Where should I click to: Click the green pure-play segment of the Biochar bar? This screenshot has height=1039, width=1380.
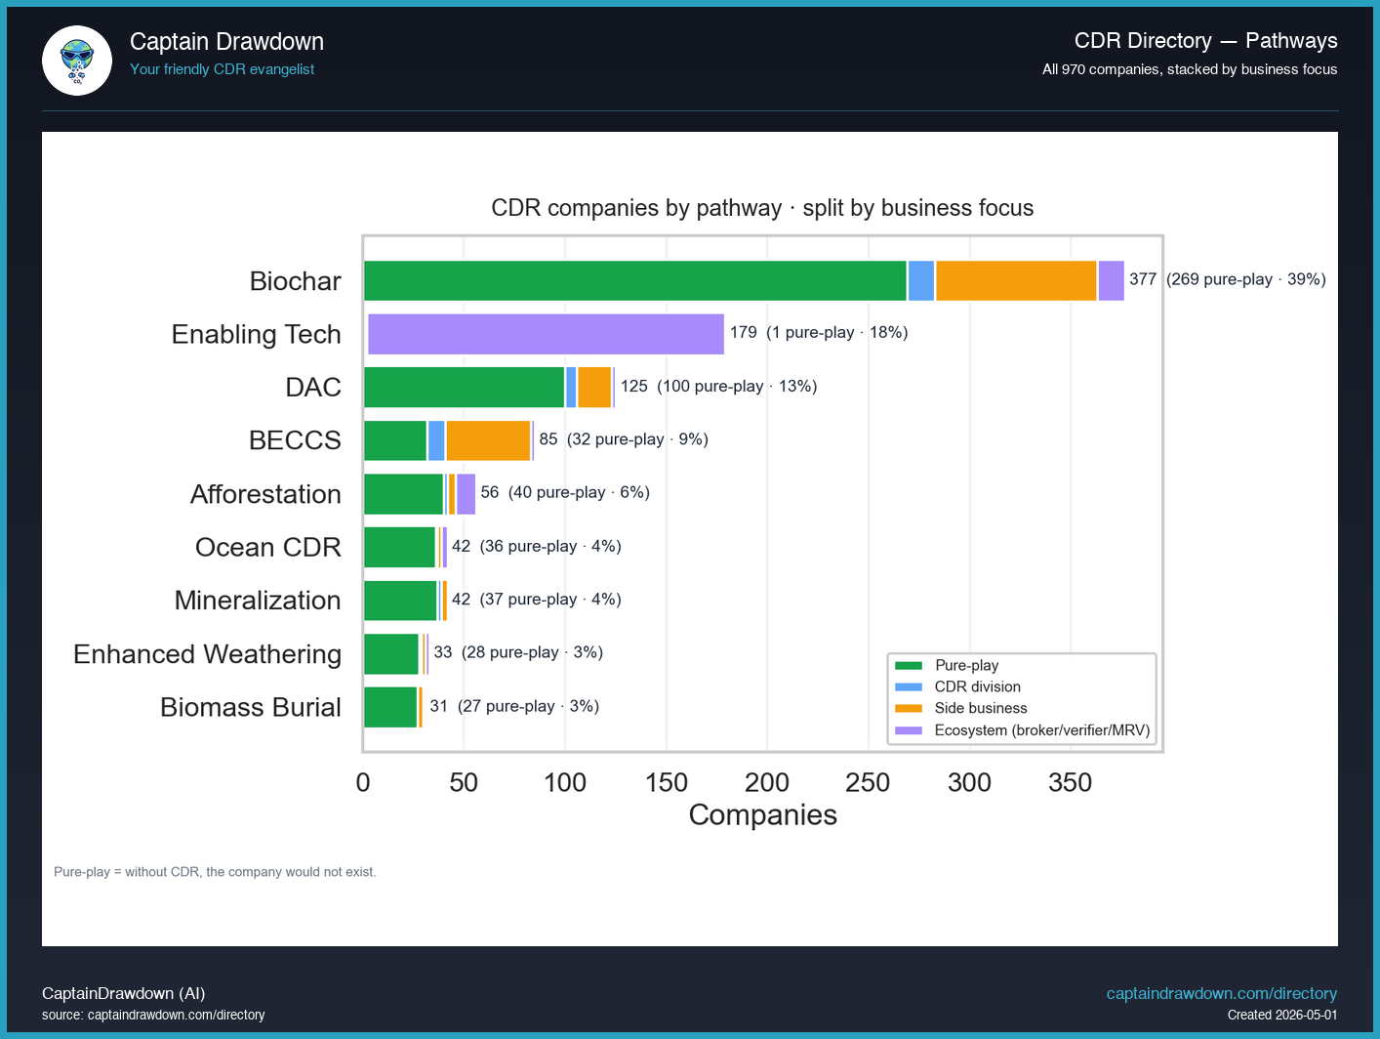point(635,280)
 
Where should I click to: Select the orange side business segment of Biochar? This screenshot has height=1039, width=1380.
point(1016,280)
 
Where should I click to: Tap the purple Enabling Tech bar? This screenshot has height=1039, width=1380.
point(546,334)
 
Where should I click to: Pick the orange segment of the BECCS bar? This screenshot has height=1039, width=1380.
point(488,440)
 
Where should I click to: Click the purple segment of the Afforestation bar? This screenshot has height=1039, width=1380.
point(466,494)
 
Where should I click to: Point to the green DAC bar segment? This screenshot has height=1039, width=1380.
point(464,387)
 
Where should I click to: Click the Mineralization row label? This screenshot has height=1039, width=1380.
point(258,600)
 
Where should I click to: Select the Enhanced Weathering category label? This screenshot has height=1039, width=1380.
point(208,654)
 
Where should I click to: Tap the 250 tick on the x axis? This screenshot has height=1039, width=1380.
point(869,782)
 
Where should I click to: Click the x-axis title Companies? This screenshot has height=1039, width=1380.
point(762,815)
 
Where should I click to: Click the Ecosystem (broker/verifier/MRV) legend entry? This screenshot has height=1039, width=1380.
point(1023,730)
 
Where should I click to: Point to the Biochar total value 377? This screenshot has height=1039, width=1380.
point(1143,279)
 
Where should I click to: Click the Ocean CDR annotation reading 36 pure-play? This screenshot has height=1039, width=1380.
point(528,546)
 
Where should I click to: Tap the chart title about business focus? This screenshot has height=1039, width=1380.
point(762,208)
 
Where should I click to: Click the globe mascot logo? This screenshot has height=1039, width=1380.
point(77,61)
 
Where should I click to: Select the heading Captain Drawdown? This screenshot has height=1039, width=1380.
point(227,42)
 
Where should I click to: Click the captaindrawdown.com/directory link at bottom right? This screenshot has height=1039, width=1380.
point(1222,993)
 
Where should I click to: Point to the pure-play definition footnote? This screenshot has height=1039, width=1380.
point(215,872)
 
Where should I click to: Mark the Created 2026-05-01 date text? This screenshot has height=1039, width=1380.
point(1282,1016)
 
